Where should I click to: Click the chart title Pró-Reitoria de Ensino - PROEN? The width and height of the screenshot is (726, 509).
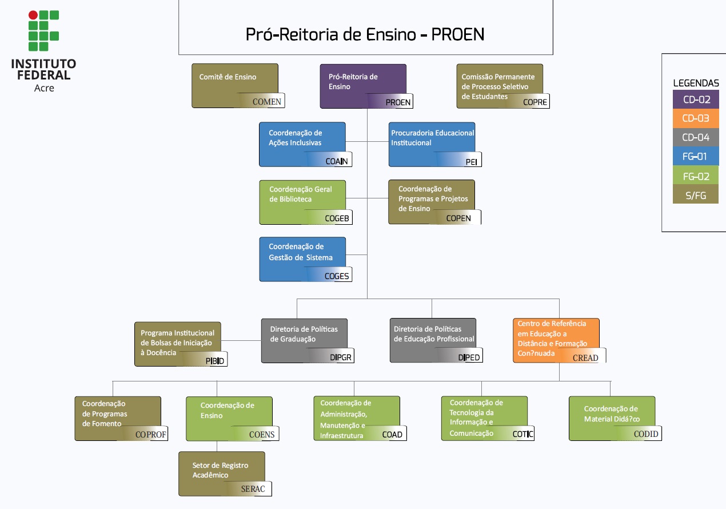coord(365,34)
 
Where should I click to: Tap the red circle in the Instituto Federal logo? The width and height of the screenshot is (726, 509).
coord(33,15)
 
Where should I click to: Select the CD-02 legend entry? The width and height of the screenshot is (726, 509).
coord(696,100)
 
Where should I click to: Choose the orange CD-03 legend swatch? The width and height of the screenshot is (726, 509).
coord(696,118)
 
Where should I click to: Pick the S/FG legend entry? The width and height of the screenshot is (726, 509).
coord(696,195)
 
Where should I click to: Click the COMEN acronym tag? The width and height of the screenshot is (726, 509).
coord(267,102)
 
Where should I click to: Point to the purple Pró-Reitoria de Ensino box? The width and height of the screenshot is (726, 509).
coord(362,85)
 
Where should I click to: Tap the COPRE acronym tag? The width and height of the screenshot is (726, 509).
coord(535,102)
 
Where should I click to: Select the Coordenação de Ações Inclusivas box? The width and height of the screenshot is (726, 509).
coord(302,144)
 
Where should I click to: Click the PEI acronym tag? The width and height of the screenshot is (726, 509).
coord(471,162)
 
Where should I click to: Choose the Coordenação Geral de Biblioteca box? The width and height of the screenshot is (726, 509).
coord(302,201)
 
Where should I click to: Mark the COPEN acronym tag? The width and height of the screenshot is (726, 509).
coord(458,218)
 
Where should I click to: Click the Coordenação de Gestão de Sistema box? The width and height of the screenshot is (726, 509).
coord(302,259)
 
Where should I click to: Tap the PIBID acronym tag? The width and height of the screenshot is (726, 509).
coord(216,361)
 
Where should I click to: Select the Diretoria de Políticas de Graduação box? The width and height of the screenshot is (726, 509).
coord(304,340)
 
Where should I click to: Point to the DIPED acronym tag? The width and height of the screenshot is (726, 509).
coord(469,357)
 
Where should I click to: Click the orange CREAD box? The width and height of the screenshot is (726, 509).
coord(556,340)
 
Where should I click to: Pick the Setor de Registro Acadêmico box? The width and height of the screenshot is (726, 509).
coord(221,473)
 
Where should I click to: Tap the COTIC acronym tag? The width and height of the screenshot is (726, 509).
coord(522,434)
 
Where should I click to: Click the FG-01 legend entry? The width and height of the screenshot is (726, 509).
coord(696,157)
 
